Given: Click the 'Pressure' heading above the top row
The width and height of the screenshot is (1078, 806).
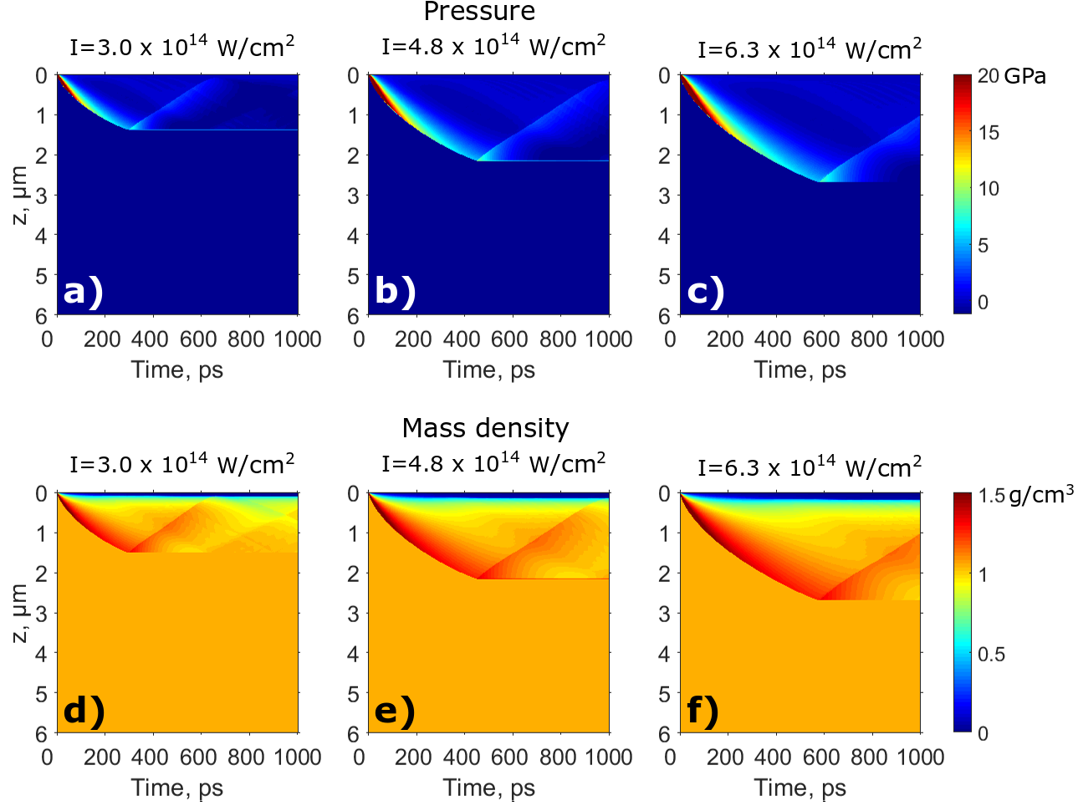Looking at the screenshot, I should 479,12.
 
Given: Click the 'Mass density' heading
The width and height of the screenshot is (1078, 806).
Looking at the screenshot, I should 485,428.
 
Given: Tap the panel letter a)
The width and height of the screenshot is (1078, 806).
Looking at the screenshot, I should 83,291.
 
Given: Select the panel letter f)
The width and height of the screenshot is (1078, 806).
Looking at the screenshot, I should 702,710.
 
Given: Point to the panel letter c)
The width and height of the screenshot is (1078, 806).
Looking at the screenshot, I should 706,291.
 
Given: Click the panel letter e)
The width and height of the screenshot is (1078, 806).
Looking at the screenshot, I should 395,710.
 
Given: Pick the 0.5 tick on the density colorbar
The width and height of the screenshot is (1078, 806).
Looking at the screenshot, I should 991,655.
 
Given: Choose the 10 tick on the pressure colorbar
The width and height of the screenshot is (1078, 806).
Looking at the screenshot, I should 989,189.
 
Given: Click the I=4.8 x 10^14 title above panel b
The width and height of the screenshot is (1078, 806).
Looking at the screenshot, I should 493,45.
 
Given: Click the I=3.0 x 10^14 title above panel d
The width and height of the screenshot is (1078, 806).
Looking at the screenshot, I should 181,462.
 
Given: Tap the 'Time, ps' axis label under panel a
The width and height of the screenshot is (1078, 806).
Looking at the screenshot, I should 177,370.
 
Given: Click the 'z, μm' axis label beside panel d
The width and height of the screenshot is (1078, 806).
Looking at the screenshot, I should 20,613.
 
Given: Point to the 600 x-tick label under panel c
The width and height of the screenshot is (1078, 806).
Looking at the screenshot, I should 821,339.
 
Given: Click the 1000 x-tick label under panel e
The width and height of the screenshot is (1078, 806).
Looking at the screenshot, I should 608,758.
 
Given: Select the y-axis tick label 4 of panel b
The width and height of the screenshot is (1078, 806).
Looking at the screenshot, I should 353,236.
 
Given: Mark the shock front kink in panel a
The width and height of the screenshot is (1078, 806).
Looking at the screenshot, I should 130,130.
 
